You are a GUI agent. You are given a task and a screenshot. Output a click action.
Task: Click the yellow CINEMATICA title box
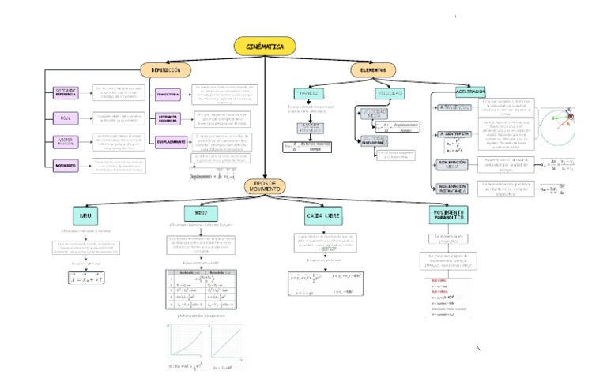[265, 47]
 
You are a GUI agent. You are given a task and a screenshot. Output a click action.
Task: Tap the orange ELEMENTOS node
[373, 70]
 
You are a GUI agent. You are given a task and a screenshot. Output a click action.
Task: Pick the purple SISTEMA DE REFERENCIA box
[66, 92]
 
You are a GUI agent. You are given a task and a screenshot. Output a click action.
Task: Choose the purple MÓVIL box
[66, 118]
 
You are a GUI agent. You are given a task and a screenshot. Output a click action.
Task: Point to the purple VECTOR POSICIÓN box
[66, 142]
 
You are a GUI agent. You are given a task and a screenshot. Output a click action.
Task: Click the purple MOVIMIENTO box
[66, 166]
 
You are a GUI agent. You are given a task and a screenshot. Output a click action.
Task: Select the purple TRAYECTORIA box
[168, 94]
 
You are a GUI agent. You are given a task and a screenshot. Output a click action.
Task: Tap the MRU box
[84, 215]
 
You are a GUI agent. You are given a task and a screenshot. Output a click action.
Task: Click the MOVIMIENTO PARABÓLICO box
[448, 215]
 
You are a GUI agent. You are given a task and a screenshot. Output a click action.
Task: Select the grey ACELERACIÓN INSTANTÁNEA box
[454, 189]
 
